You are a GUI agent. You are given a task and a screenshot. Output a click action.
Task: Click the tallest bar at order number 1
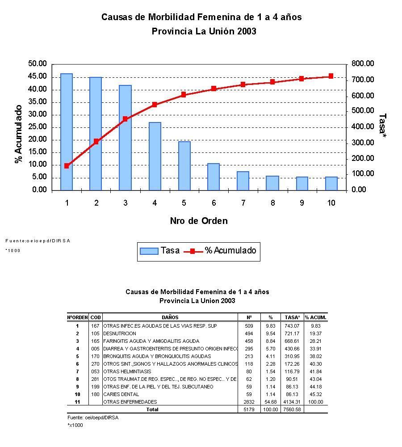[67, 132]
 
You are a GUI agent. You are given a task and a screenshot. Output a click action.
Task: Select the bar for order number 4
[155, 156]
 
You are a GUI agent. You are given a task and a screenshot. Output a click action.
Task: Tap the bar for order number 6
[214, 177]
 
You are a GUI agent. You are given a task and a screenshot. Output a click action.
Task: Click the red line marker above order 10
[331, 76]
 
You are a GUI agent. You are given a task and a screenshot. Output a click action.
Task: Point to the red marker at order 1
[67, 166]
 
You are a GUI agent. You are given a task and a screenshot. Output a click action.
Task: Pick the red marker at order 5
[184, 95]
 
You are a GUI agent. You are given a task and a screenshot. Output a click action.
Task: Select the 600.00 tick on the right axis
[362, 96]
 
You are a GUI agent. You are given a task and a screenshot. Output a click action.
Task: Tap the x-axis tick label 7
[243, 203]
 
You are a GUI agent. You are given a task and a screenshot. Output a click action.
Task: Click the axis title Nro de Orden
[199, 221]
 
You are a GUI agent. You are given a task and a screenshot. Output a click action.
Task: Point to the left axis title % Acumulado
[19, 134]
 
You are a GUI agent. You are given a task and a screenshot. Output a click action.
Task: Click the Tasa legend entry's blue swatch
[149, 251]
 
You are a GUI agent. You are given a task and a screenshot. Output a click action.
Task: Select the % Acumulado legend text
[230, 251]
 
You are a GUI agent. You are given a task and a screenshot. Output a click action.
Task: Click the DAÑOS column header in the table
[170, 317]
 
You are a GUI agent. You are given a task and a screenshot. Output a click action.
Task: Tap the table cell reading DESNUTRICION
[120, 333]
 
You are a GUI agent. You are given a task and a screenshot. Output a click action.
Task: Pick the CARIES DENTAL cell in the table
[121, 394]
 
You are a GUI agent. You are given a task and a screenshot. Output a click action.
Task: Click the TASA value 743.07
[292, 326]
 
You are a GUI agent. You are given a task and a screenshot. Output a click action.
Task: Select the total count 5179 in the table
[249, 409]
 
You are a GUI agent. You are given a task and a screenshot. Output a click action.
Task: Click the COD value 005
[95, 349]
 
